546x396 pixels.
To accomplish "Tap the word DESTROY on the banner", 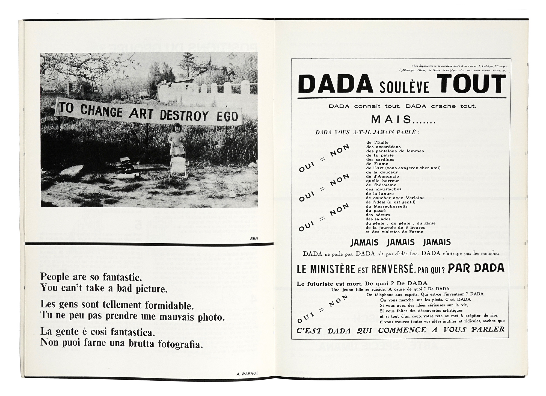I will pos(188,115).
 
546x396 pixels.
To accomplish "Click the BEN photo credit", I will pos(254,238).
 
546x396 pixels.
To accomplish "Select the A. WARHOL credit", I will pos(247,374).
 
